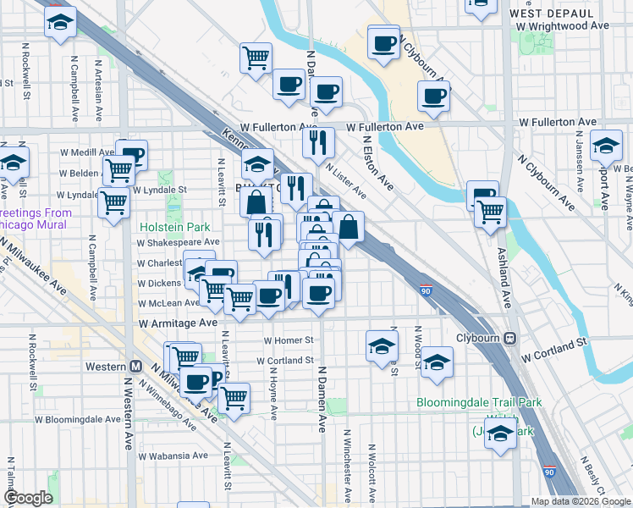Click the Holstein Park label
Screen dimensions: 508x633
174,227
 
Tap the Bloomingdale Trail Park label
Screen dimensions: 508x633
479,403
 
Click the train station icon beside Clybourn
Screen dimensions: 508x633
510,338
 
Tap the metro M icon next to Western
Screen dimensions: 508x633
135,367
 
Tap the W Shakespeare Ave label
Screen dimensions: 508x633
179,242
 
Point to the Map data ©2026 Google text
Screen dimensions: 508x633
580,501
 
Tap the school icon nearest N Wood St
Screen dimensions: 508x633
437,363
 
